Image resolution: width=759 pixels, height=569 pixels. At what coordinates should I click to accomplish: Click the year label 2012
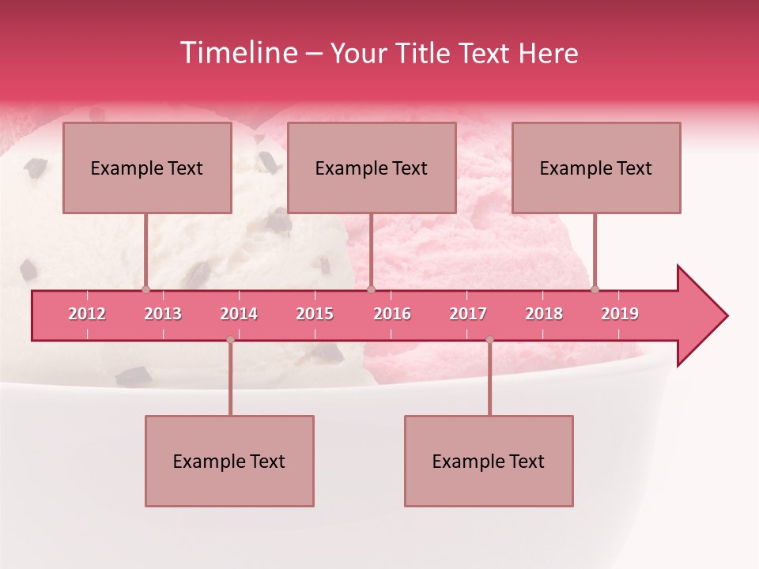tap(87, 314)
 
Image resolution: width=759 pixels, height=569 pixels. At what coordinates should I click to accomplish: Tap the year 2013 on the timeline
tap(163, 314)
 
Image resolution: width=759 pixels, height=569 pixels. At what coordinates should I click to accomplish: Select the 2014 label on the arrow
tap(239, 314)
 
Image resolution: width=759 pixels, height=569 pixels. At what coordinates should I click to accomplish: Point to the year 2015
tap(315, 314)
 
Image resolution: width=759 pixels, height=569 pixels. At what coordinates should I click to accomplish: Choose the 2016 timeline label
tap(392, 314)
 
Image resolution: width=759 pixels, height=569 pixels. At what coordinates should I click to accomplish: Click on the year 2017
tap(468, 314)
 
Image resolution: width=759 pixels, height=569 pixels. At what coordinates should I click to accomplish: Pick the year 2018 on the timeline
tap(544, 314)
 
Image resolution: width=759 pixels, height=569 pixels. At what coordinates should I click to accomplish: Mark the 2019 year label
tap(620, 314)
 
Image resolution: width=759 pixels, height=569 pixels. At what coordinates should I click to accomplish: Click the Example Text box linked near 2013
tap(147, 168)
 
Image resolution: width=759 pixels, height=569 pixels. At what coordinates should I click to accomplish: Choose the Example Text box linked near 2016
tap(372, 168)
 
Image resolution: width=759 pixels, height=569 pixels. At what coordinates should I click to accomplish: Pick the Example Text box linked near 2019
tap(596, 168)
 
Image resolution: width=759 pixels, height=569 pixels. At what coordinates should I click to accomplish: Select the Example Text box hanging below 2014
tap(229, 461)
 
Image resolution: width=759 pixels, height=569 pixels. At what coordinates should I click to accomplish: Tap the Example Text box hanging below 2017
tap(489, 461)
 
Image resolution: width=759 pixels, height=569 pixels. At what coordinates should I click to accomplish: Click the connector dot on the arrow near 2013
tap(145, 290)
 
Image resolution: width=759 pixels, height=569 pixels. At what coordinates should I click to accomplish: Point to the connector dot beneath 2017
tap(489, 340)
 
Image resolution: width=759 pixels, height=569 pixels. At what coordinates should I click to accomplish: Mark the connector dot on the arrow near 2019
tap(595, 290)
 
